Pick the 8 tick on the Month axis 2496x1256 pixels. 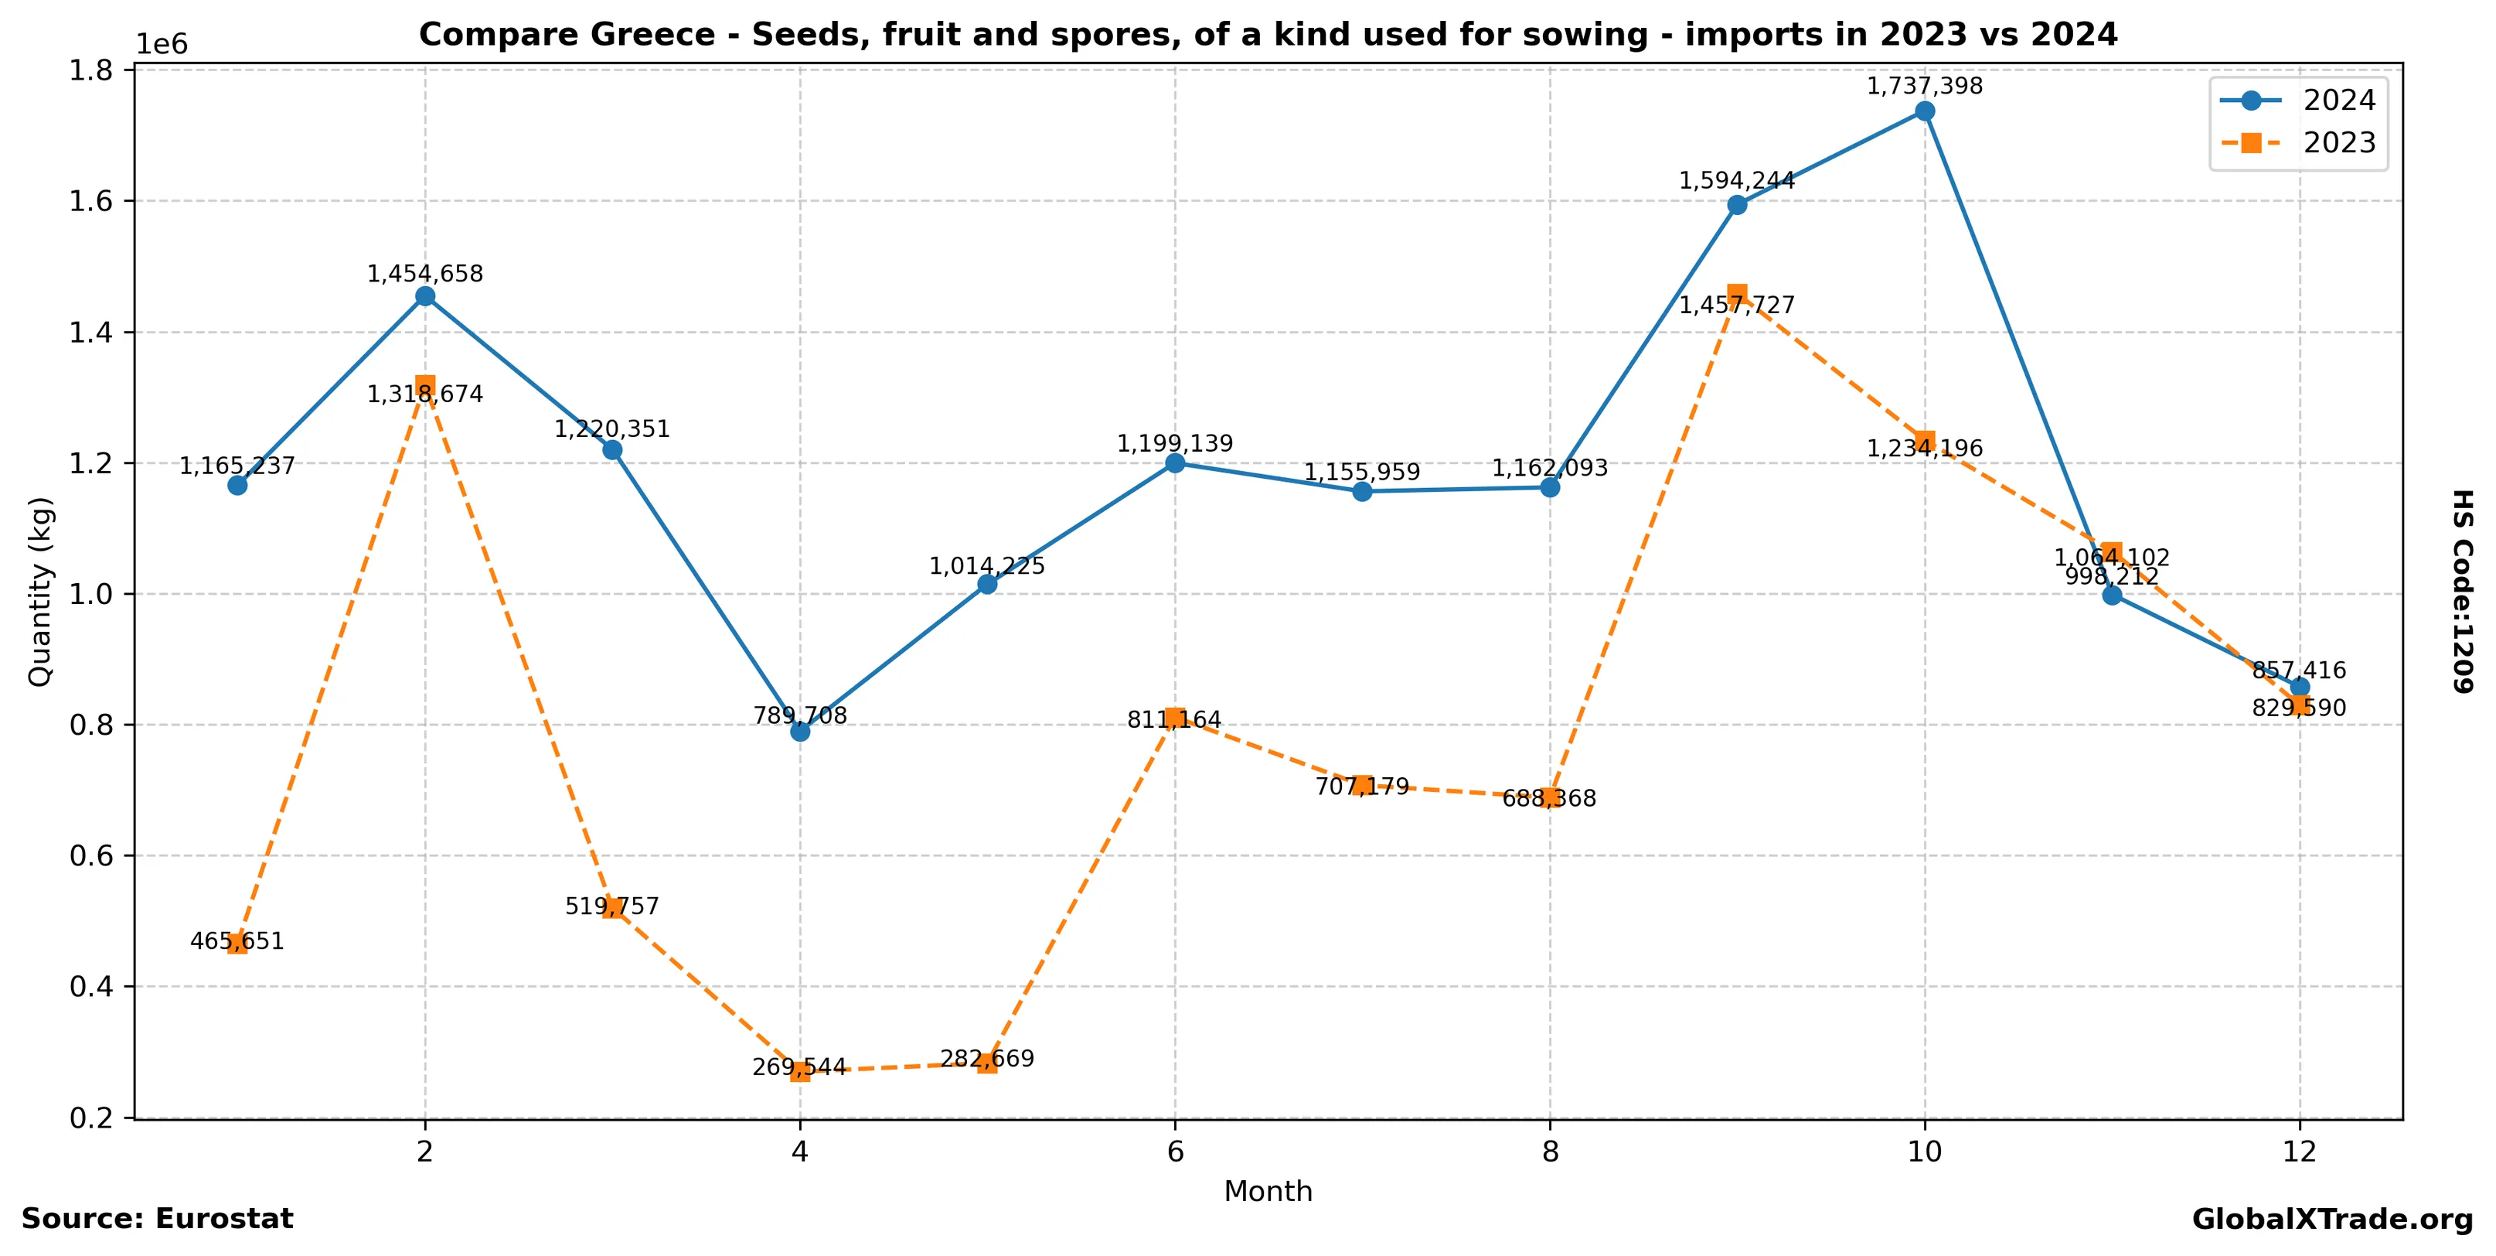pos(1549,1152)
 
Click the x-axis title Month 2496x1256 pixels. pos(1268,1191)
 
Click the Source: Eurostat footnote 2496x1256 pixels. pos(157,1219)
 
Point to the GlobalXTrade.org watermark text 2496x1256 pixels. pos(2332,1219)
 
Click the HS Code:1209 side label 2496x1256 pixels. pos(2462,591)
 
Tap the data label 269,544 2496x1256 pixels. pos(799,1067)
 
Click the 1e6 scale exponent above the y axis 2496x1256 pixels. pos(162,45)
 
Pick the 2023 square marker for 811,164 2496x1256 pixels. pos(1174,718)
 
